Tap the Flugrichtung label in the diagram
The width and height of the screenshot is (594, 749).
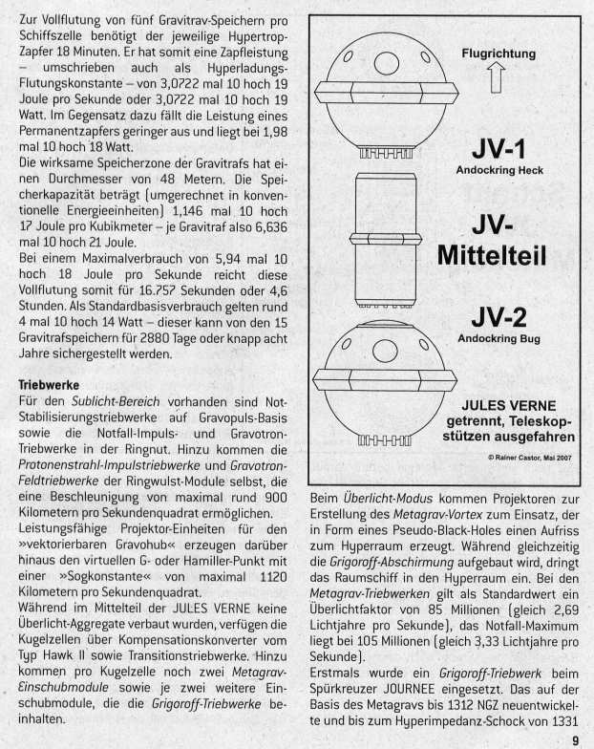pyautogui.click(x=498, y=54)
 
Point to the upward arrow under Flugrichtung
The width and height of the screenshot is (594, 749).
pyautogui.click(x=496, y=84)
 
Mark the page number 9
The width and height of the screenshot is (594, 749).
pyautogui.click(x=576, y=738)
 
